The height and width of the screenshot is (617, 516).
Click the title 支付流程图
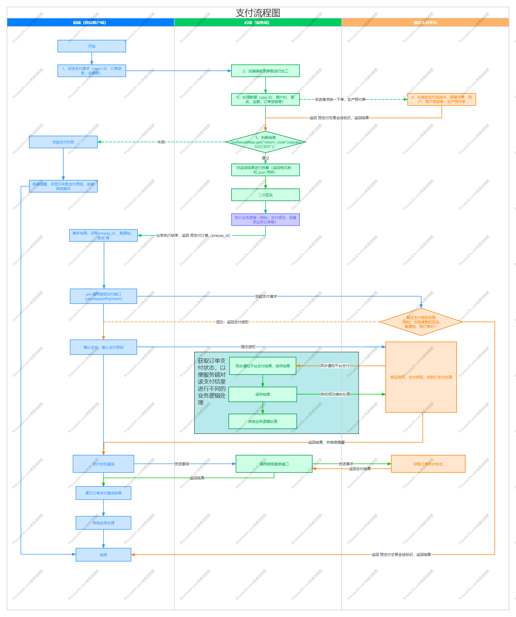click(258, 13)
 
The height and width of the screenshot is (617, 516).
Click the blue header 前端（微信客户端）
click(90, 23)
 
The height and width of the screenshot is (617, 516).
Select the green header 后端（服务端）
click(257, 23)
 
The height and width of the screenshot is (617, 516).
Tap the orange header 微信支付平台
click(425, 23)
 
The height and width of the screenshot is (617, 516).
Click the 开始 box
click(91, 46)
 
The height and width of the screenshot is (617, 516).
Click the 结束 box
click(103, 555)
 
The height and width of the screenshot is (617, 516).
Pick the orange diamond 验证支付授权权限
click(421, 322)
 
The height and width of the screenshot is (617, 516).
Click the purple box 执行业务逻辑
click(265, 220)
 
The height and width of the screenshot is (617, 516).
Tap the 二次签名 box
click(265, 195)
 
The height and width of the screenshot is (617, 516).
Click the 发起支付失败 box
click(63, 142)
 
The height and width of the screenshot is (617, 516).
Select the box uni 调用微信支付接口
click(103, 296)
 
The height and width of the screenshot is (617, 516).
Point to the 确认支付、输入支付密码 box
click(103, 347)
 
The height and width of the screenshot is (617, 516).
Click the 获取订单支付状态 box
click(428, 464)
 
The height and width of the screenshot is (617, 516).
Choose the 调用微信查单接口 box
click(274, 464)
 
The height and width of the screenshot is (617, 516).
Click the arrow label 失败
click(161, 142)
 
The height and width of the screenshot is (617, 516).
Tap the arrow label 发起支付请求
click(266, 296)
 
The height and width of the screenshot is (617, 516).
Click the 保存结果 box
click(262, 394)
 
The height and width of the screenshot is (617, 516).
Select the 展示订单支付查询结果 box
click(103, 493)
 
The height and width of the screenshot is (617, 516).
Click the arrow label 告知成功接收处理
click(335, 394)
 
